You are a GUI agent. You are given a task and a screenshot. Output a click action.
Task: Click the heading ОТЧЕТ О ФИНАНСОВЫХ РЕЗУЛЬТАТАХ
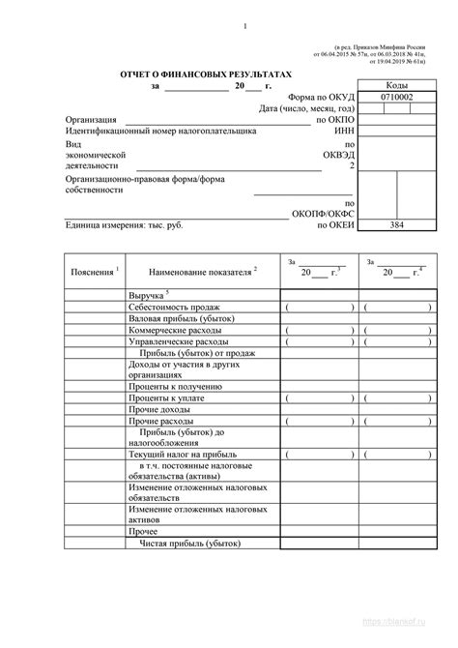204,73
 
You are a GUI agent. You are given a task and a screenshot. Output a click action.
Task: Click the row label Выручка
148,293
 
